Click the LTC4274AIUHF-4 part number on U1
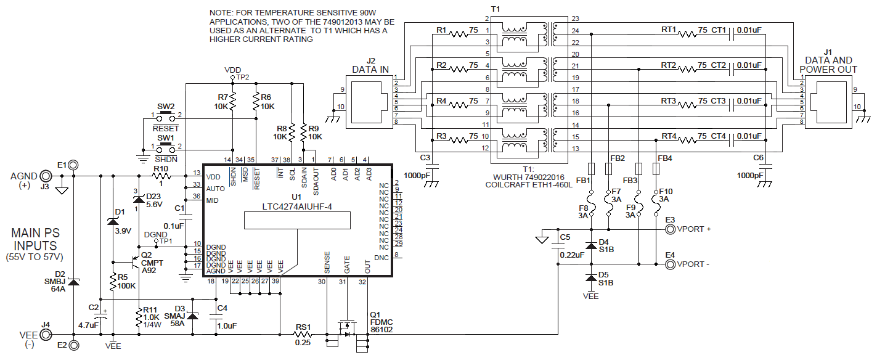(298, 207)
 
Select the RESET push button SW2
(165, 115)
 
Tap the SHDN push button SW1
(165, 148)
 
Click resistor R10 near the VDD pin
(161, 177)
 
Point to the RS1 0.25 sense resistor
(301, 335)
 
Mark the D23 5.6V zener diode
(137, 198)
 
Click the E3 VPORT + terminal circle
(670, 229)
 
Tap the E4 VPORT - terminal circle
(670, 265)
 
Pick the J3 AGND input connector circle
(46, 177)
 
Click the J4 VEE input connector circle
(46, 335)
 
